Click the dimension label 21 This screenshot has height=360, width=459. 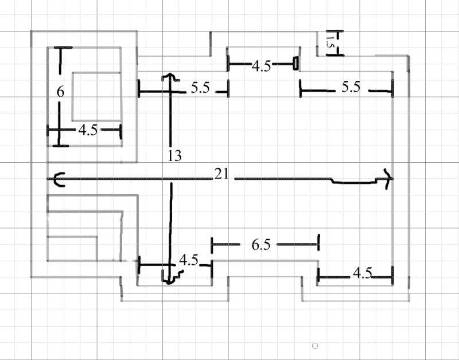(222, 174)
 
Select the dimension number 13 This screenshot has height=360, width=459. (175, 155)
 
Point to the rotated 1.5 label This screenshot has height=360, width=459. (329, 41)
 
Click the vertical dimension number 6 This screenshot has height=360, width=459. (61, 91)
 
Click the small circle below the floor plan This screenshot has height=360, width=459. (314, 345)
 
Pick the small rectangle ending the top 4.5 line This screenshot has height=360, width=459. (296, 62)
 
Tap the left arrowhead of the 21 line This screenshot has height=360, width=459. (57, 179)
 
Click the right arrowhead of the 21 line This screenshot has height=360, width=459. (388, 179)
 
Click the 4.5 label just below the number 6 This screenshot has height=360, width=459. (87, 130)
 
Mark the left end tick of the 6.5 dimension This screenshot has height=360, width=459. (212, 245)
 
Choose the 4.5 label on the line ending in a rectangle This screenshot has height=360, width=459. (261, 66)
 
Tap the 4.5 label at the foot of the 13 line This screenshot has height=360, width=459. (189, 260)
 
